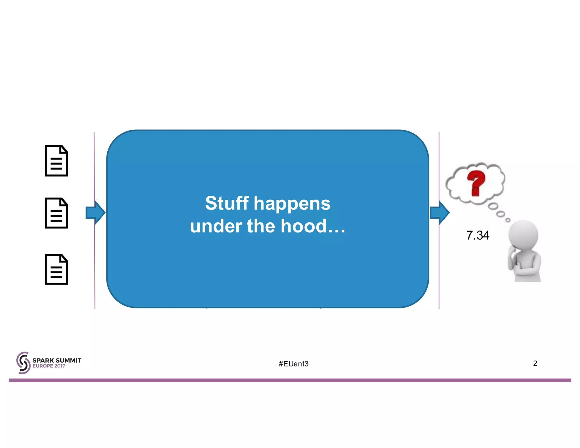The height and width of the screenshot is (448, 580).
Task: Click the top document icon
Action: pos(56,161)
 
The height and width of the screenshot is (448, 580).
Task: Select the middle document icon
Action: pos(56,213)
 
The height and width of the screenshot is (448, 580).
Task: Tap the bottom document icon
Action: pos(56,269)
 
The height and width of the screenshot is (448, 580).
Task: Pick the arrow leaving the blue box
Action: pos(440,212)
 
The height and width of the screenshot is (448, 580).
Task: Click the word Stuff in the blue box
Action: pos(227,203)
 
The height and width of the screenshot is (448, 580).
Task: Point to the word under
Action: pos(216,226)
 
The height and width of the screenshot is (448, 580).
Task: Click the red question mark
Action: pos(476,183)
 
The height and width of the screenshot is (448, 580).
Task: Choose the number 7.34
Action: pos(477,235)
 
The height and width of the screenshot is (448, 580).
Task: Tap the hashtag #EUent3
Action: pos(293,364)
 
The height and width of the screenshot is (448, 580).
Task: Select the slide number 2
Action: pos(535,363)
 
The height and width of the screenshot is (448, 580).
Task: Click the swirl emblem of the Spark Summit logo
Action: pos(23,363)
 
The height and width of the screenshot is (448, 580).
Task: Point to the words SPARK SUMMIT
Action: pos(57,360)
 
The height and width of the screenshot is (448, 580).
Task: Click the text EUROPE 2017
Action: pos(49,366)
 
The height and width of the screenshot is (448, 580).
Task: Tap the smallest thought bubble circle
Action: pos(508,220)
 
